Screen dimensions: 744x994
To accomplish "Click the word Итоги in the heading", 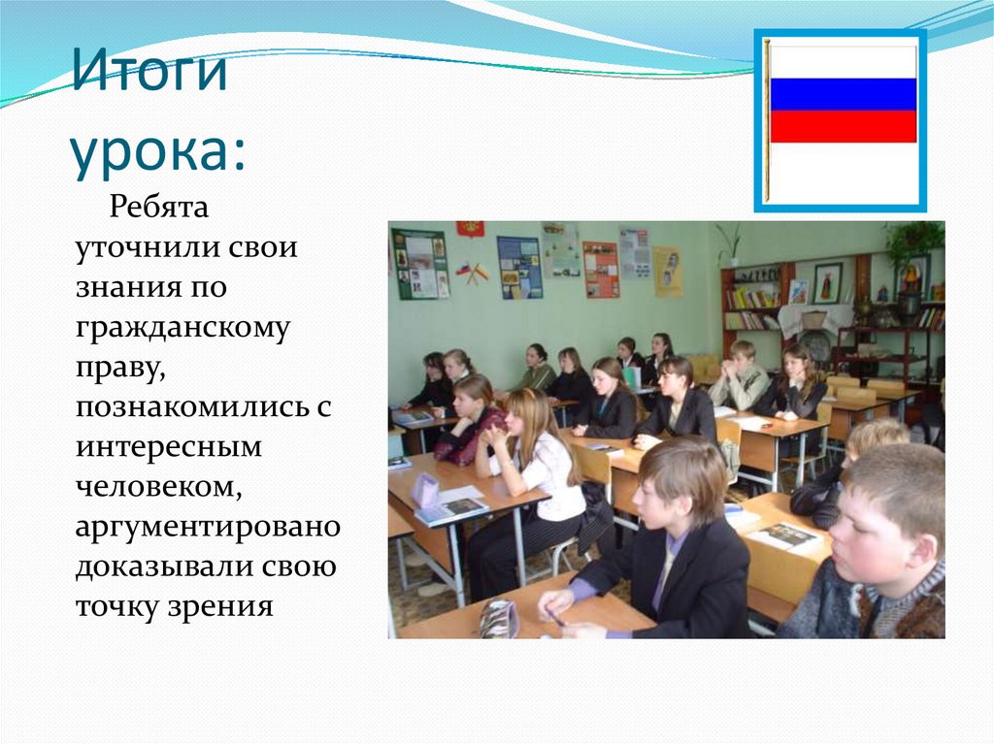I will pos(149,74).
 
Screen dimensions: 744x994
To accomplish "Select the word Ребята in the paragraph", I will pos(159,207).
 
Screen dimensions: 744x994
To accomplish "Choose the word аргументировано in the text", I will pos(208,528).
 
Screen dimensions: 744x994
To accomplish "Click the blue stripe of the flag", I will pos(843,94).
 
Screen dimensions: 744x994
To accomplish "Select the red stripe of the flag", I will pos(843,126).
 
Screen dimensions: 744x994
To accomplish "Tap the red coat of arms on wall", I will pos(471,228).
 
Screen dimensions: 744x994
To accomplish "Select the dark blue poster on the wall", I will pos(518,267).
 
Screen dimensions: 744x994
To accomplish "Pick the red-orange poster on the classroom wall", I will pos(601,269).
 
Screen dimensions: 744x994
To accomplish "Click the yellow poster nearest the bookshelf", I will pos(667,271).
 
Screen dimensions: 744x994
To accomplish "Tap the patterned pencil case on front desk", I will pos(498,619).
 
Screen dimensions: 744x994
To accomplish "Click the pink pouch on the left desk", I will pos(425,491).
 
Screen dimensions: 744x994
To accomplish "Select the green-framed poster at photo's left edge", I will pos(419,264).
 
